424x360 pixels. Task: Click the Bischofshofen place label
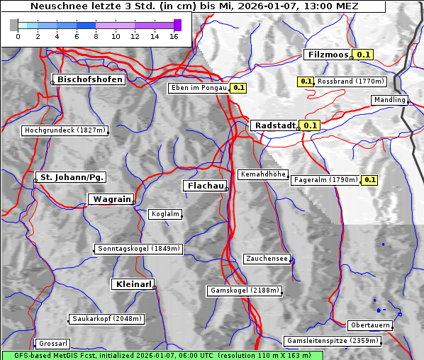91,80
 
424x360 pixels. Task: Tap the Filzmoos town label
328,55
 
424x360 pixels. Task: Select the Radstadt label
275,125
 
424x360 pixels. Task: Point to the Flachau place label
206,186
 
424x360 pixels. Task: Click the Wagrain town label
111,200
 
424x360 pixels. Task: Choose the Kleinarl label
133,284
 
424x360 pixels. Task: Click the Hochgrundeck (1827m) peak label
65,130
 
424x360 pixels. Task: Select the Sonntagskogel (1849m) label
139,249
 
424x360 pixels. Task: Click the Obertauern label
369,325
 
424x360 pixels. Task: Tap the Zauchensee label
267,259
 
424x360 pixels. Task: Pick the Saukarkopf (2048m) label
107,319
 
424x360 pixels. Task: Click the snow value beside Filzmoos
364,55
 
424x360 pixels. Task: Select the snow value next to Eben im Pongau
238,89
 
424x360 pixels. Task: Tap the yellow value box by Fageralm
369,180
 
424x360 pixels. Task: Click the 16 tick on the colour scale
174,37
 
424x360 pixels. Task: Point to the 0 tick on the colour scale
18,37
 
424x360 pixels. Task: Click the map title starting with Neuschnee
193,6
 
